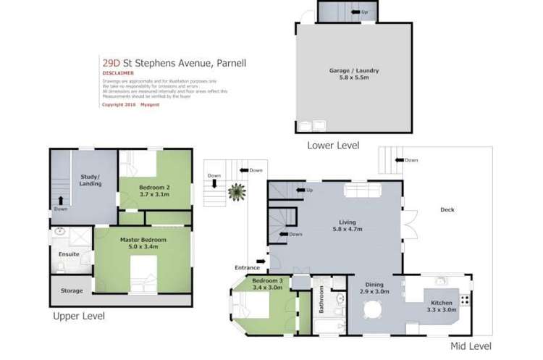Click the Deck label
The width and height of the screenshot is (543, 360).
[x=447, y=210]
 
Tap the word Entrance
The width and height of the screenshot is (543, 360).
[x=247, y=267]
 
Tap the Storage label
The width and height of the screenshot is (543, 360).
[x=71, y=290]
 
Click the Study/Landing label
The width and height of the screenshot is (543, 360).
[x=90, y=180]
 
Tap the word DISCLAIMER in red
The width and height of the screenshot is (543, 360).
[x=118, y=73]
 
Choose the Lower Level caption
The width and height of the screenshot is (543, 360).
[x=333, y=146]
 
